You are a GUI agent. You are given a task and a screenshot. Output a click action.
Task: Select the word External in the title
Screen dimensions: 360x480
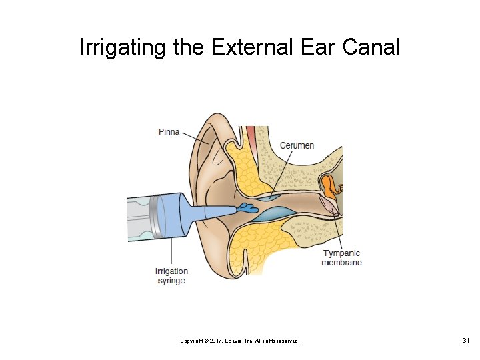251,48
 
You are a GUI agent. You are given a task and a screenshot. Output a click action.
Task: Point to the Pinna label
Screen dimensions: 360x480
169,132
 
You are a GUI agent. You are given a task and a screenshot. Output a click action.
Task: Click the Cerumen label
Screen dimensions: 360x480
297,145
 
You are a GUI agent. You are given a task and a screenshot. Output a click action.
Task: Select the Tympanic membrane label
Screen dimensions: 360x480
341,257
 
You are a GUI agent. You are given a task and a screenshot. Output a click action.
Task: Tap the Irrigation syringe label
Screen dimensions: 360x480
171,276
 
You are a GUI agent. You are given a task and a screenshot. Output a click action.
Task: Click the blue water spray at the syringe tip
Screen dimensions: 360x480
248,209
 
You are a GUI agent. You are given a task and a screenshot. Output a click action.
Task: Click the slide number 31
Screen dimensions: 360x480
466,341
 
